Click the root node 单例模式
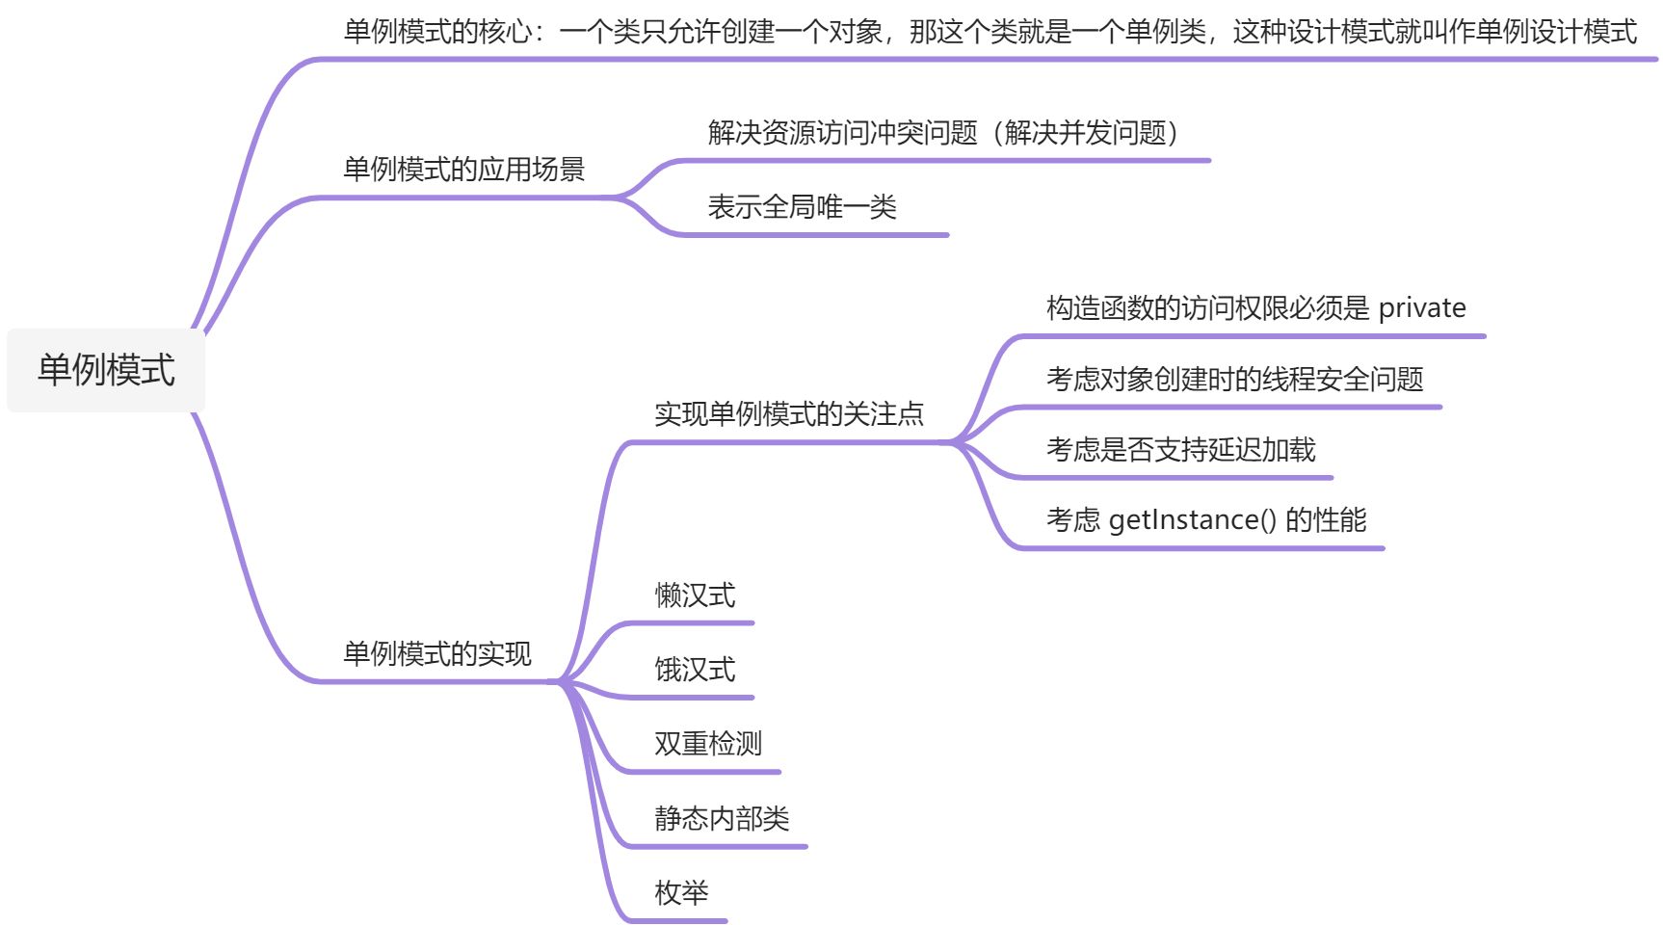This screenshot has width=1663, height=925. [106, 370]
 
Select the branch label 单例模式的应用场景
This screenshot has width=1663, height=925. [464, 170]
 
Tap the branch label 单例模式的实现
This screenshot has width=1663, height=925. [437, 654]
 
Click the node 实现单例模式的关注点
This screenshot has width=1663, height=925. [789, 414]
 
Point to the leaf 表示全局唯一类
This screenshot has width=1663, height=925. [802, 207]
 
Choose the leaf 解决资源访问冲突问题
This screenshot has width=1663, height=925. [843, 133]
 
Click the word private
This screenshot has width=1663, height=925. [1422, 308]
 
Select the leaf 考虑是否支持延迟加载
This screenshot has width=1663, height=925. [1180, 450]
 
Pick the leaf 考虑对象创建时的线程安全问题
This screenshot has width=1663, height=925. [1234, 380]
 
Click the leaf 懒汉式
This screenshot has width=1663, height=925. [695, 595]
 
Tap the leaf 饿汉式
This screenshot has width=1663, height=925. [695, 670]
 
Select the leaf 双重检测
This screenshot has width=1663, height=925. [708, 744]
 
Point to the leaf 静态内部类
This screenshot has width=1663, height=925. [722, 819]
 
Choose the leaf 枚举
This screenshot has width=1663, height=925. [681, 893]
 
